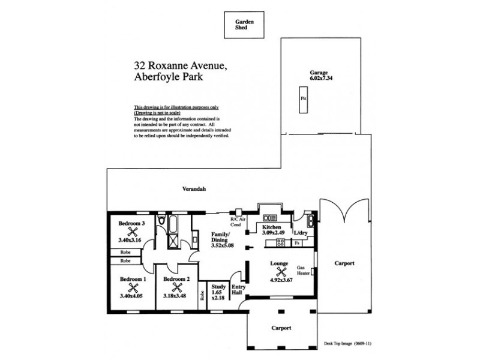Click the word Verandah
point(194,189)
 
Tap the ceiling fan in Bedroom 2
point(176,287)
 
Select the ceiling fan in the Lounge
point(279,271)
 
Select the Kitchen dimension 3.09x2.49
point(272,233)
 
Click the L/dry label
point(301,233)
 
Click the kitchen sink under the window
point(269,217)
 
